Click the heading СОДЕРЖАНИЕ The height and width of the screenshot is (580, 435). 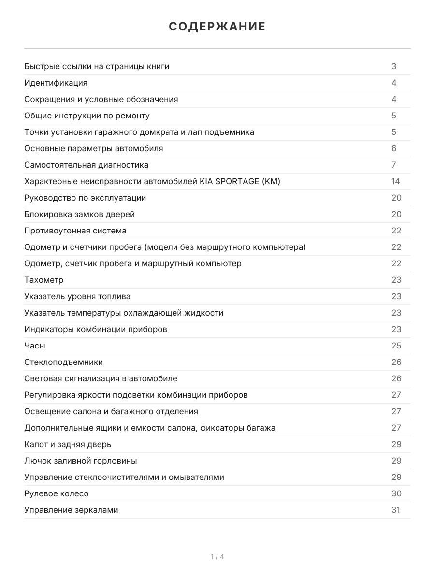coord(217,27)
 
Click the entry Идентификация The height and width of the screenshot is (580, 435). coord(56,83)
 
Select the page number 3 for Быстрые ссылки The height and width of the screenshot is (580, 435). coord(394,66)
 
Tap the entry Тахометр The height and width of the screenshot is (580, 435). coord(44,280)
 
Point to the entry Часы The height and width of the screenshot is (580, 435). coord(35,346)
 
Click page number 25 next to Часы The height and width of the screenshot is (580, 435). coord(396,346)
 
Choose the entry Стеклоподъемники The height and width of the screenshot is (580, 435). coord(63,362)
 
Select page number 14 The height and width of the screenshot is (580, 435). coord(396,181)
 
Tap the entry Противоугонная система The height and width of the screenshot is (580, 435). coord(75,231)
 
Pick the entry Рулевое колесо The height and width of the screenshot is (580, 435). coord(57,493)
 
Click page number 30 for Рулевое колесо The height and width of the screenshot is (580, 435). coord(396,493)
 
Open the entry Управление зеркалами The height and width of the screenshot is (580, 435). coord(71,510)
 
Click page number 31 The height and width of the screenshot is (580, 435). coord(396,510)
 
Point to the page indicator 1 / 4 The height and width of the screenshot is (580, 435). coord(217,557)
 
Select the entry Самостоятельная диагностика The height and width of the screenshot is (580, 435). coord(87,165)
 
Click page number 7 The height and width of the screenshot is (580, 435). coord(394,165)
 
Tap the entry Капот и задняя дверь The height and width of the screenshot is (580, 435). coord(68,444)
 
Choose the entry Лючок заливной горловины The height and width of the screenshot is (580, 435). coord(81,461)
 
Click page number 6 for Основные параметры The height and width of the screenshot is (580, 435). coord(394,148)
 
